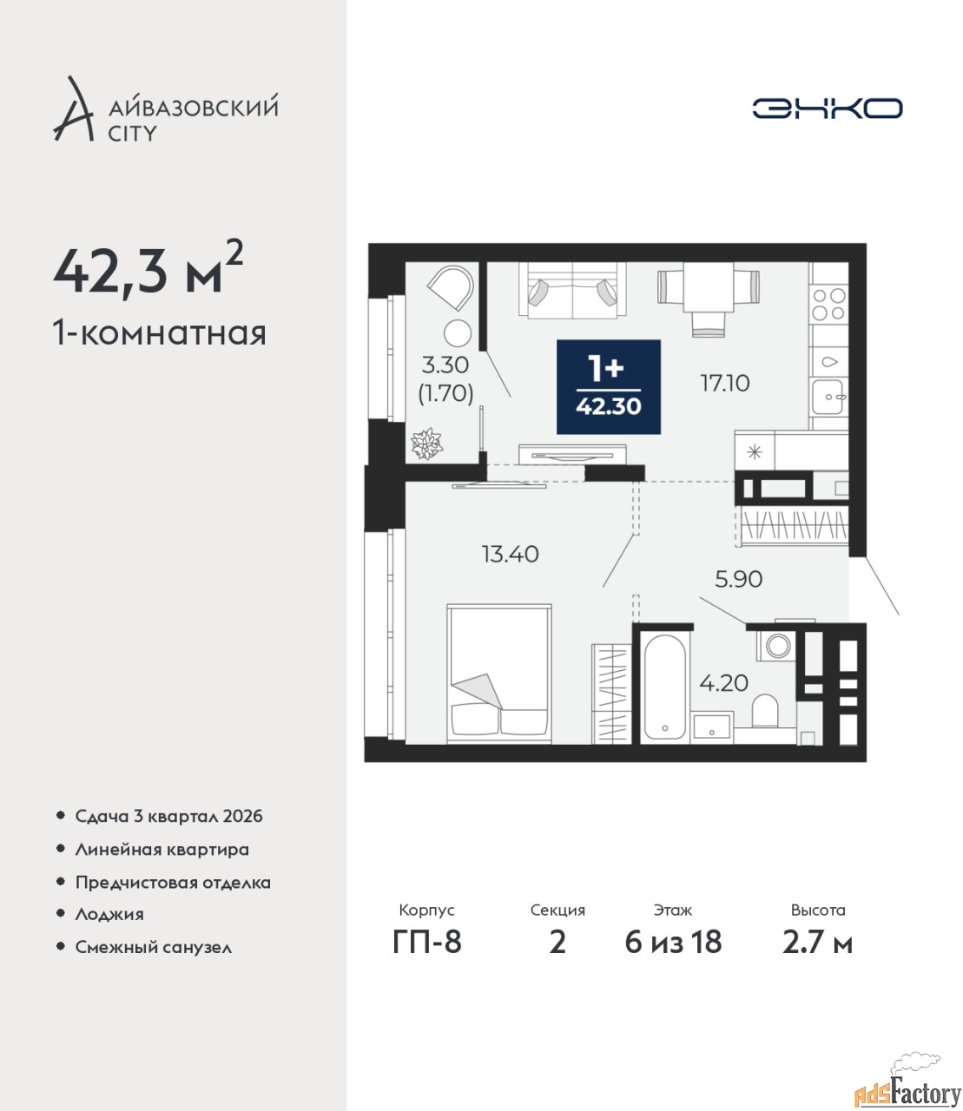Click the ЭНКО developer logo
coord(827,108)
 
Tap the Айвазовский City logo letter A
coord(74,109)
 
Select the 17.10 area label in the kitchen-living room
coord(724,384)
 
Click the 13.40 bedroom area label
coord(510,554)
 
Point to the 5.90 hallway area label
coord(738,579)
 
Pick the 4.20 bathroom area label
coord(723,683)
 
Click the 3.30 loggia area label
coord(445,365)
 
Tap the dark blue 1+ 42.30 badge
coord(608,386)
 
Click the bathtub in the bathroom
coord(664,687)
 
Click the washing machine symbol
coord(776,646)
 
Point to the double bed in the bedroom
coord(499,674)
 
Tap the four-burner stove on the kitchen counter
coord(828,304)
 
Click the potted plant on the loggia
coord(427,444)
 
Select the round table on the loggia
coord(458,333)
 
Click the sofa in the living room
coord(572,290)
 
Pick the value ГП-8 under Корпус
coord(427,943)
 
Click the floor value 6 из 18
coord(673,943)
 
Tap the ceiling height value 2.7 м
coord(817,943)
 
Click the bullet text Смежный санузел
coord(153,947)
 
